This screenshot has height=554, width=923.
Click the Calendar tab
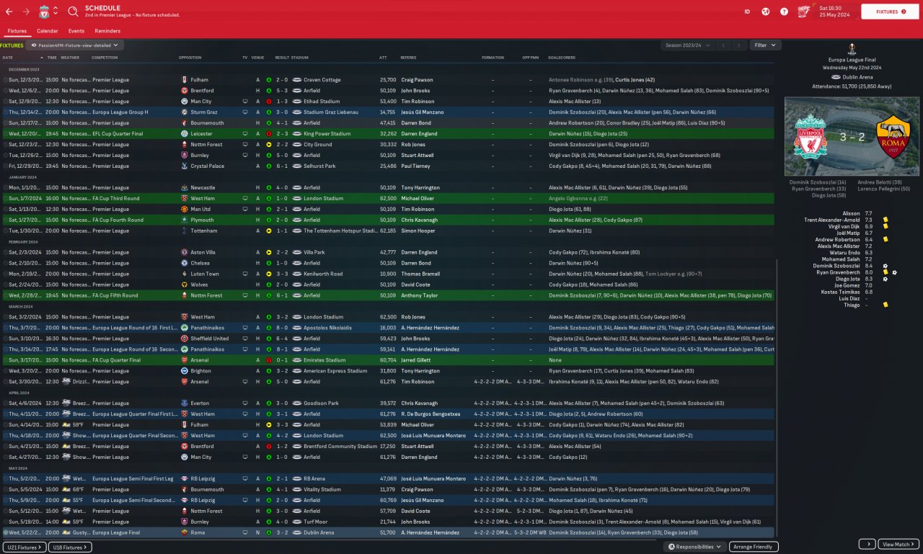[x=47, y=31]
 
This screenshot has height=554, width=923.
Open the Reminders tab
[x=107, y=31]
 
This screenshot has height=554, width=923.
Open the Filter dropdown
[x=765, y=45]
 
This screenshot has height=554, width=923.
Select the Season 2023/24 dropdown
[x=687, y=45]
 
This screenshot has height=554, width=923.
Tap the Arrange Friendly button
[x=754, y=547]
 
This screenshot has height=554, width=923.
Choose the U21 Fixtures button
[x=25, y=548]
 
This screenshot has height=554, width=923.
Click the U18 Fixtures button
[x=71, y=548]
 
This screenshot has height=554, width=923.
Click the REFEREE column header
[x=408, y=58]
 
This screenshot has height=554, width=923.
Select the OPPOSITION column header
[x=190, y=58]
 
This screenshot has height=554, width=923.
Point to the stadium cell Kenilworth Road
[x=322, y=274]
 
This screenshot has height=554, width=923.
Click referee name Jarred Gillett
[x=418, y=360]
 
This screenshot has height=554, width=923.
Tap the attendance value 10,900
[x=387, y=274]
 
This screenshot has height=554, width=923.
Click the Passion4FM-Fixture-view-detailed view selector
[x=76, y=45]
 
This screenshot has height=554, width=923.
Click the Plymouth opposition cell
[x=200, y=220]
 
